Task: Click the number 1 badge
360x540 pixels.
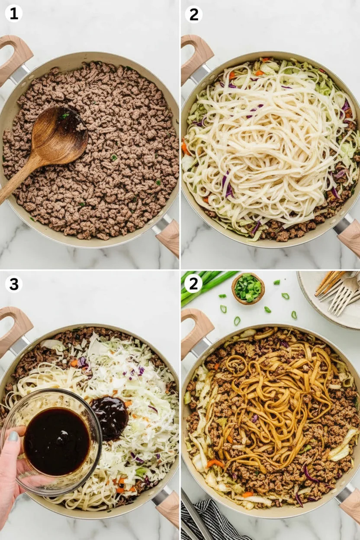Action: pyautogui.click(x=14, y=14)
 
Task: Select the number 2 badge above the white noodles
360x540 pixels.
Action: pyautogui.click(x=194, y=14)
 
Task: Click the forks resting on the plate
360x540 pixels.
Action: pyautogui.click(x=337, y=293)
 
